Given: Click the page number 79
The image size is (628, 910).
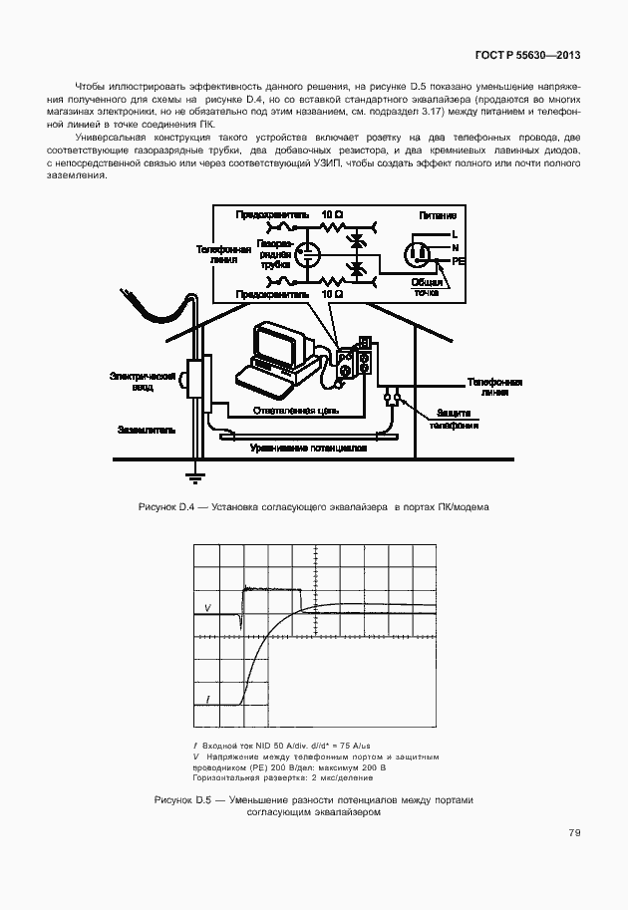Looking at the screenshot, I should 574,832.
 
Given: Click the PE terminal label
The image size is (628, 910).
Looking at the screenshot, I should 459,261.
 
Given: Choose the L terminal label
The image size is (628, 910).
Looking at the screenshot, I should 455,233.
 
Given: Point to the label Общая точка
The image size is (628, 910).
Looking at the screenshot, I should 427,286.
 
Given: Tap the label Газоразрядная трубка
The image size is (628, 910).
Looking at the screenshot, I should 274,253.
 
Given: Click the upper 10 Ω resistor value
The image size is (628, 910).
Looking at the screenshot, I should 332,214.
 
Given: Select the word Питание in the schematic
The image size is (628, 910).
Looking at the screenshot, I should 438,214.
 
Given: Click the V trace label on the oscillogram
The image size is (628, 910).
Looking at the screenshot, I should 207,607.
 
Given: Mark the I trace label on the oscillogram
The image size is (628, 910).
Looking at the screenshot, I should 207,703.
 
